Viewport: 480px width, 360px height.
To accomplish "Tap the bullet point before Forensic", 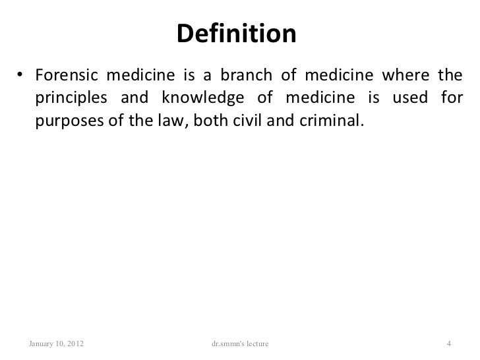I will click(22, 73).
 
